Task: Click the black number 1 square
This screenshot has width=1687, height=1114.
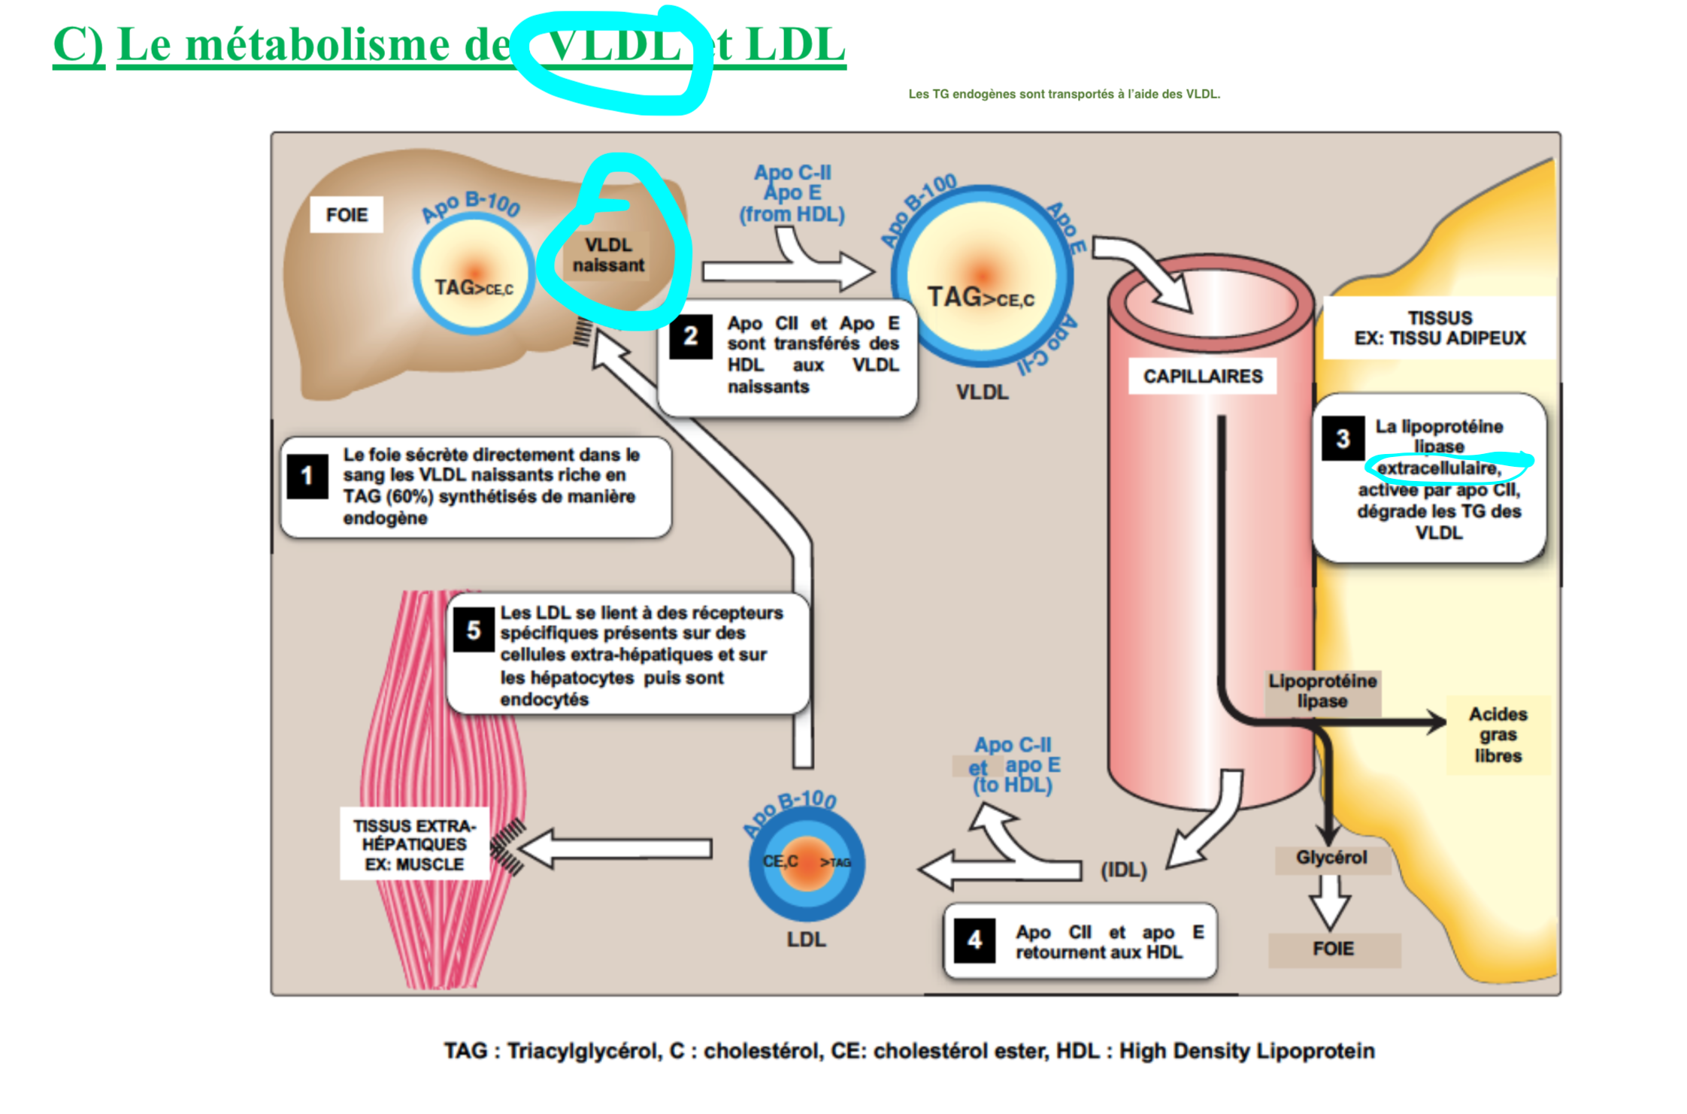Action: [307, 476]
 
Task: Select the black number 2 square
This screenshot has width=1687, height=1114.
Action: [690, 337]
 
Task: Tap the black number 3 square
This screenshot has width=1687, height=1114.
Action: [1343, 438]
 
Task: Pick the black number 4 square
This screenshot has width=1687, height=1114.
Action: [974, 940]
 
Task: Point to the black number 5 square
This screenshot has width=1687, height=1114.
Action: [473, 630]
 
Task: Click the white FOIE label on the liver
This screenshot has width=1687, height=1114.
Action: [347, 215]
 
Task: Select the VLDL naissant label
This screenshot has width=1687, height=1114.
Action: [608, 255]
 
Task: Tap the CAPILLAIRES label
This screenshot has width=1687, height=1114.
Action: [1202, 376]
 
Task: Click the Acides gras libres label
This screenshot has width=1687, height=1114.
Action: [1498, 734]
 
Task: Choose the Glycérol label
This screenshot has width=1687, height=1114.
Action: [1331, 858]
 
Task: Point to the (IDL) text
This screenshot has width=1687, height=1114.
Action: [1123, 870]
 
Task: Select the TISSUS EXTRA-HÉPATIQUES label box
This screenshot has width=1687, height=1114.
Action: [414, 844]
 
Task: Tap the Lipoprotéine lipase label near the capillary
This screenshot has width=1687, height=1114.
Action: [1322, 691]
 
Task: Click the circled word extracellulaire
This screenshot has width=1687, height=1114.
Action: [1439, 468]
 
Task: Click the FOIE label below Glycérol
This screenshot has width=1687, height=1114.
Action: [1333, 949]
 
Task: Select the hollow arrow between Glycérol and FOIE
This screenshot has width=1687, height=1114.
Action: [1330, 903]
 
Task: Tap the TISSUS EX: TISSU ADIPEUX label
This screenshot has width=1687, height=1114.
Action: [1439, 328]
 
